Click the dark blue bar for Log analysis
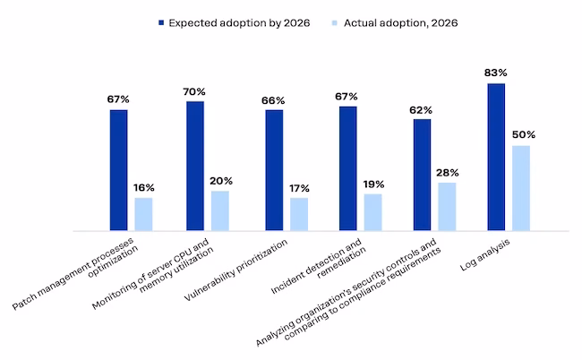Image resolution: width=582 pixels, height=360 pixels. (496, 157)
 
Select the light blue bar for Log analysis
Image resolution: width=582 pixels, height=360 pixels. (521, 188)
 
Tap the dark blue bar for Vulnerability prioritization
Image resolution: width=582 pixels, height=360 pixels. (274, 170)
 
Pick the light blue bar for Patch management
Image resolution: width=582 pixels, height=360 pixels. (143, 214)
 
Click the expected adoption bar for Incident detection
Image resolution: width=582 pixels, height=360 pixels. (348, 168)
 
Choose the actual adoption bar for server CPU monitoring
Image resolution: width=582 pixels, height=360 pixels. (220, 210)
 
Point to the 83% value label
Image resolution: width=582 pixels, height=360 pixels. (495, 73)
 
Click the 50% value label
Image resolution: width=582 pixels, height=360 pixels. (524, 134)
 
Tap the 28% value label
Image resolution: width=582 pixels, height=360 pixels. (448, 173)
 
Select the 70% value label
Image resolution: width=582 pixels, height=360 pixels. (194, 91)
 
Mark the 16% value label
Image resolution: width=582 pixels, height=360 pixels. (144, 188)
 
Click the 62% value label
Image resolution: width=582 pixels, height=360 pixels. (421, 110)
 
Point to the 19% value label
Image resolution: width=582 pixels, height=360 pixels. (373, 184)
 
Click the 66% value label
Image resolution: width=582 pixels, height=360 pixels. (273, 100)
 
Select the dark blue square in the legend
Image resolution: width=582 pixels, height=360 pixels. (161, 23)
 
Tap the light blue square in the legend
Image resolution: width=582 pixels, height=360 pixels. (335, 23)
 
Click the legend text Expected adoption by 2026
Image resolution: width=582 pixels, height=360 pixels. (239, 23)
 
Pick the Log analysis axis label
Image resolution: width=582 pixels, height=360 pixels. (484, 254)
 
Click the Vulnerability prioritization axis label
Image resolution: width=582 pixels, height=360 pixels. (235, 270)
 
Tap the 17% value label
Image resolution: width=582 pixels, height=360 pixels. (300, 189)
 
